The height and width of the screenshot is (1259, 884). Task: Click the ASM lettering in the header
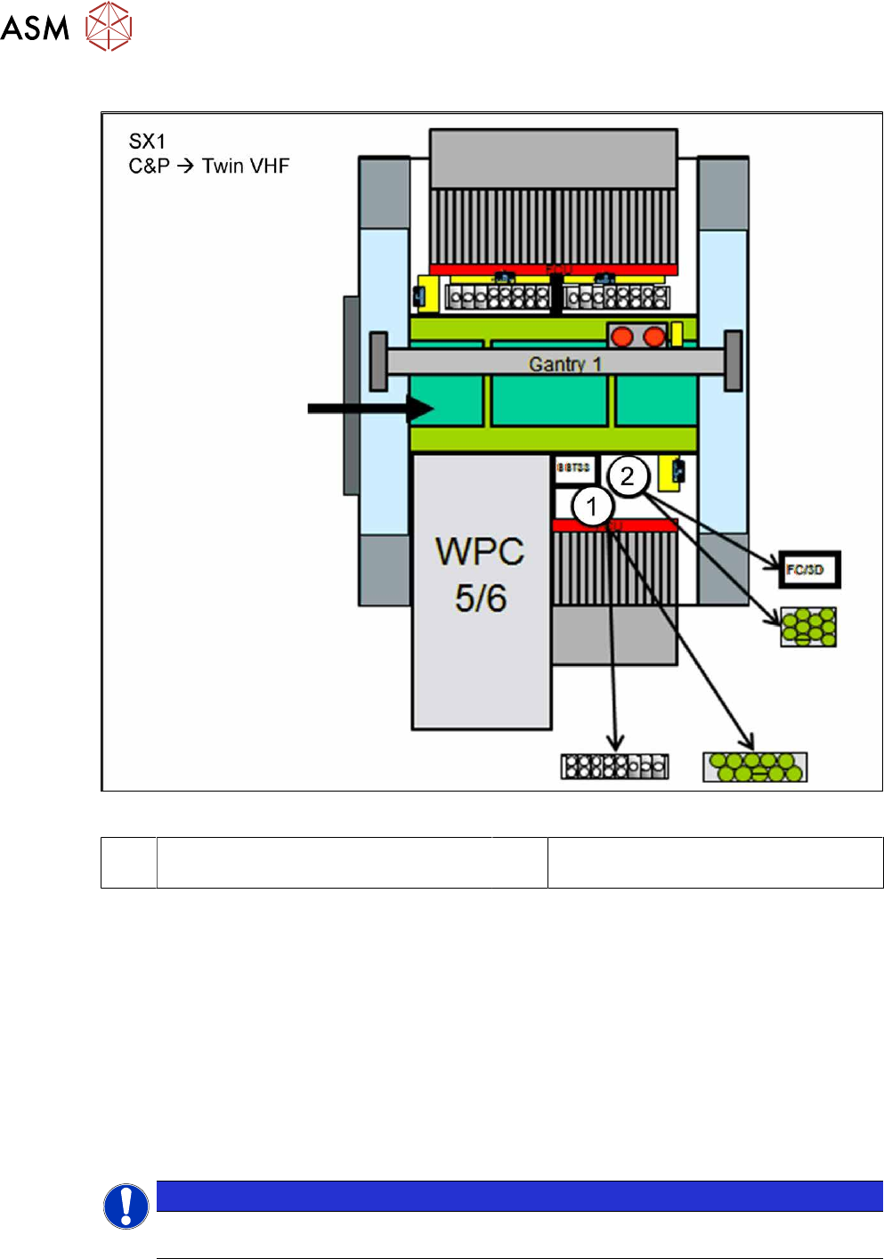point(35,28)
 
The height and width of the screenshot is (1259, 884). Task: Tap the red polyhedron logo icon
point(109,26)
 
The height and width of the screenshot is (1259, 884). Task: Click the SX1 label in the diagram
point(147,142)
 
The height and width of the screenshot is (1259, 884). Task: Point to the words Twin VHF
point(246,167)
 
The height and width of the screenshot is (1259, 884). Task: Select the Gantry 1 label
point(565,363)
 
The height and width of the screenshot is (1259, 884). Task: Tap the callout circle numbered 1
point(591,508)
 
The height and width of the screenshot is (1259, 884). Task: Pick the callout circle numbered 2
point(628,476)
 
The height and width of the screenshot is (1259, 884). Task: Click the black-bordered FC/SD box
point(808,570)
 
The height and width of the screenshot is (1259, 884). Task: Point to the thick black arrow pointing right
point(369,409)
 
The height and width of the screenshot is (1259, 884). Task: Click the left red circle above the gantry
point(622,336)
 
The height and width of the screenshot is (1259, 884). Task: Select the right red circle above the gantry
point(653,336)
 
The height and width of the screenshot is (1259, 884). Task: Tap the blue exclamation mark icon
point(126,1206)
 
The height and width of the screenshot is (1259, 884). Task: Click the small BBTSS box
point(573,468)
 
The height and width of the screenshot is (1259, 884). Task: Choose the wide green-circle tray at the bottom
point(755,767)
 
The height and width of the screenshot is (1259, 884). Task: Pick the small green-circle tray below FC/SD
point(808,627)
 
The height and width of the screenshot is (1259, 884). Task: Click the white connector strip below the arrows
point(614,767)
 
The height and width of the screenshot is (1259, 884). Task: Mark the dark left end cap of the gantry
point(378,361)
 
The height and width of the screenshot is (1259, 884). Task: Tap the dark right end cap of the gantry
point(734,361)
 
